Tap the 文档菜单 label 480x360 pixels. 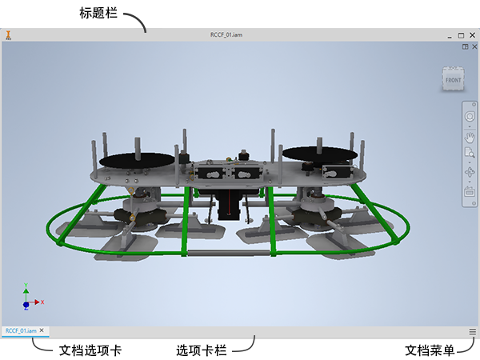[430, 350]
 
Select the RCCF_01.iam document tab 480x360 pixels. [21, 330]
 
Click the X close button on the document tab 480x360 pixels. [42, 330]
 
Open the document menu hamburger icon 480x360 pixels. [472, 331]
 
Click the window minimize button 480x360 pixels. [450, 36]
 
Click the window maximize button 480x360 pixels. [461, 36]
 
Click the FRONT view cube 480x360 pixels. [453, 80]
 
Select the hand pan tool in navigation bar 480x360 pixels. [470, 138]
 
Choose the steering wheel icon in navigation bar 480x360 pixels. [470, 118]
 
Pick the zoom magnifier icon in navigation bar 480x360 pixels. [470, 154]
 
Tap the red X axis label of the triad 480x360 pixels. [42, 302]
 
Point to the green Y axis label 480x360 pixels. [27, 286]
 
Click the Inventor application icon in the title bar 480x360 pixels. [8, 36]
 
